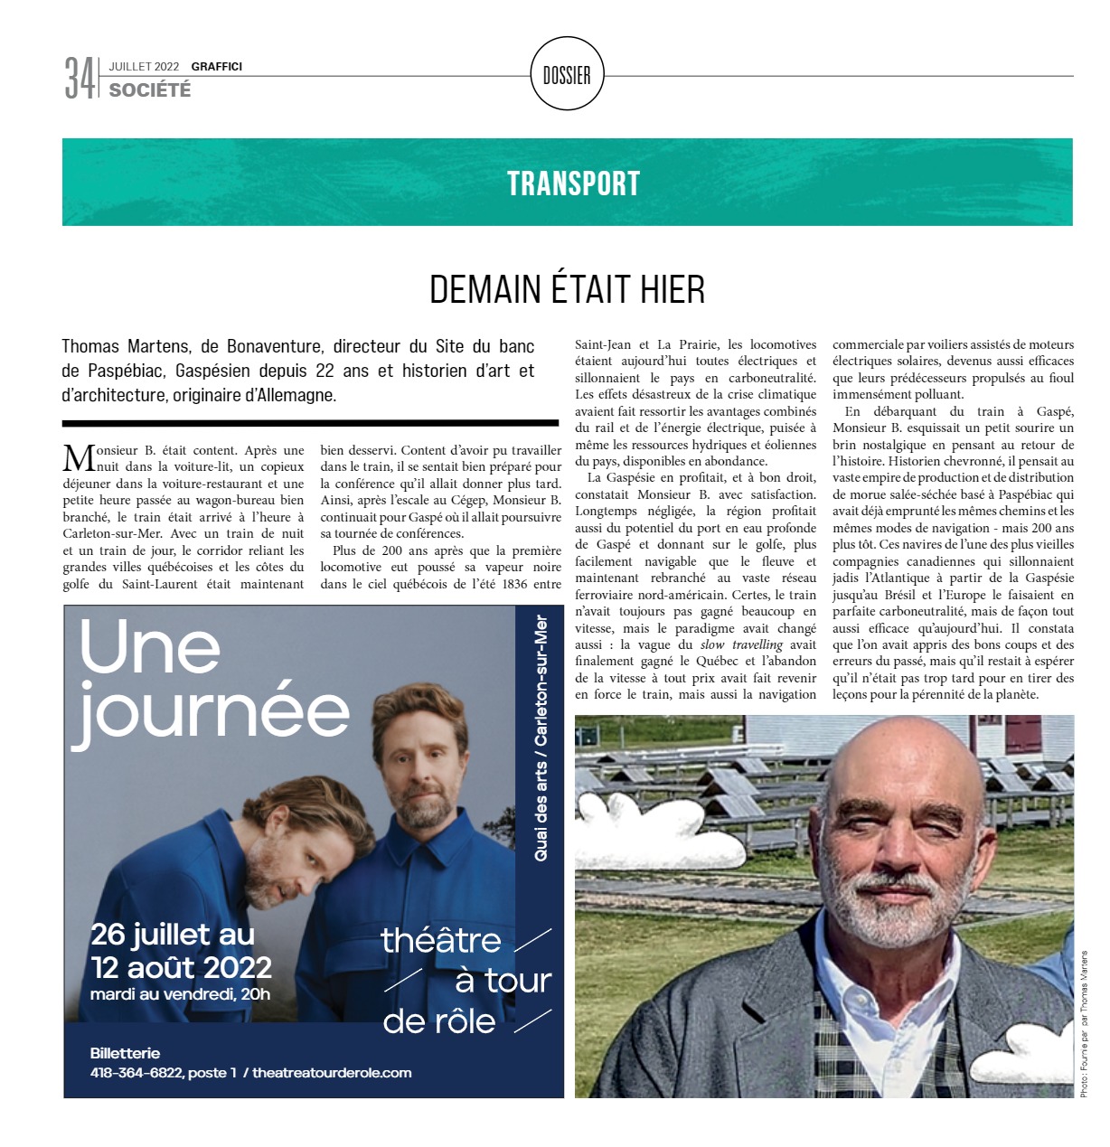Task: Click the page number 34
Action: pos(79,78)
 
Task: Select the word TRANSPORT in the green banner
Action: pos(573,183)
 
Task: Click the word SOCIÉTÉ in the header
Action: pos(150,90)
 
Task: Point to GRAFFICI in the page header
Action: pos(216,66)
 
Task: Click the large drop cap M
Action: pos(79,458)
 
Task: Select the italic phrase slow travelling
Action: pos(741,644)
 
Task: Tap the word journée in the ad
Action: pos(211,714)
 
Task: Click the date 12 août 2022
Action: pos(181,967)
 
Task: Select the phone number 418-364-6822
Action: pos(136,1073)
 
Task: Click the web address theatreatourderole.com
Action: pos(332,1073)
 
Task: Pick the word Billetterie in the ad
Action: pos(125,1053)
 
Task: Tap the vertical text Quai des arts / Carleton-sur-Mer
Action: pos(541,737)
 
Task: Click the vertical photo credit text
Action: pos(1084,1023)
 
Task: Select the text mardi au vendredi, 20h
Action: pos(180,994)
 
